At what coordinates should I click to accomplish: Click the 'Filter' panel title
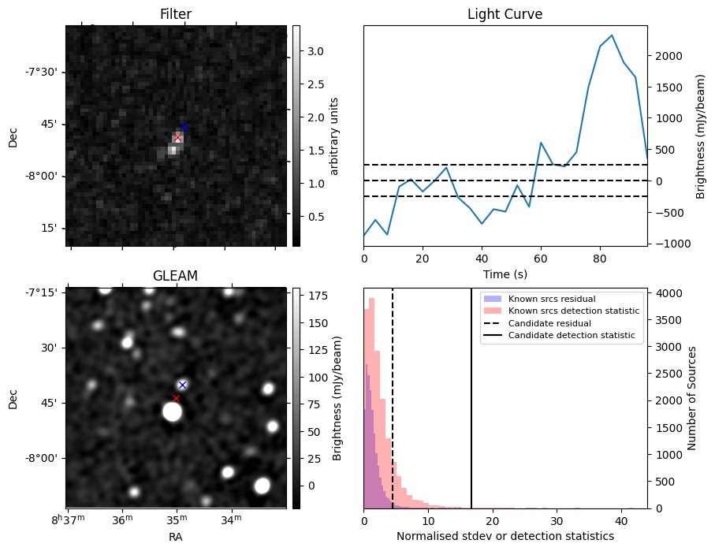click(x=175, y=14)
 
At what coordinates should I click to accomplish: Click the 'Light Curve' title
click(x=505, y=14)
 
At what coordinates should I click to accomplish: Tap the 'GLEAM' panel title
click(x=175, y=276)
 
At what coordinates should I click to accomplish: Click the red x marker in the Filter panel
click(x=177, y=138)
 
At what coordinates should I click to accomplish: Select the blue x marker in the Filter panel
click(x=184, y=127)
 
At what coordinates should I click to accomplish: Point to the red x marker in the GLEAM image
click(x=176, y=398)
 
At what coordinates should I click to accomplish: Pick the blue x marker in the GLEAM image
click(x=182, y=385)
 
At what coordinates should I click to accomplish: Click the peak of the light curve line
click(x=612, y=35)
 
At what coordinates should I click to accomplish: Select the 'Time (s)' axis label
click(x=505, y=274)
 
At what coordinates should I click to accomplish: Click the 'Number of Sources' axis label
click(x=692, y=397)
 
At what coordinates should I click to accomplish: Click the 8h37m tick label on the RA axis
click(x=66, y=520)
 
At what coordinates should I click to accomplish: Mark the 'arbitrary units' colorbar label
click(x=334, y=136)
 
